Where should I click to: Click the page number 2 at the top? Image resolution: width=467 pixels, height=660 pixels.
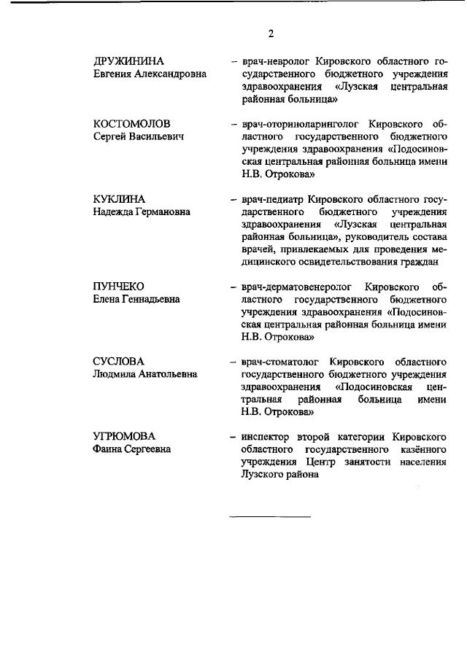click(271, 34)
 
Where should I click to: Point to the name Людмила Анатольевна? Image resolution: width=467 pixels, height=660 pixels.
click(145, 375)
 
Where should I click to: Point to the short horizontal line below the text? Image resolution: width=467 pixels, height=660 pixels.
click(271, 516)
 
